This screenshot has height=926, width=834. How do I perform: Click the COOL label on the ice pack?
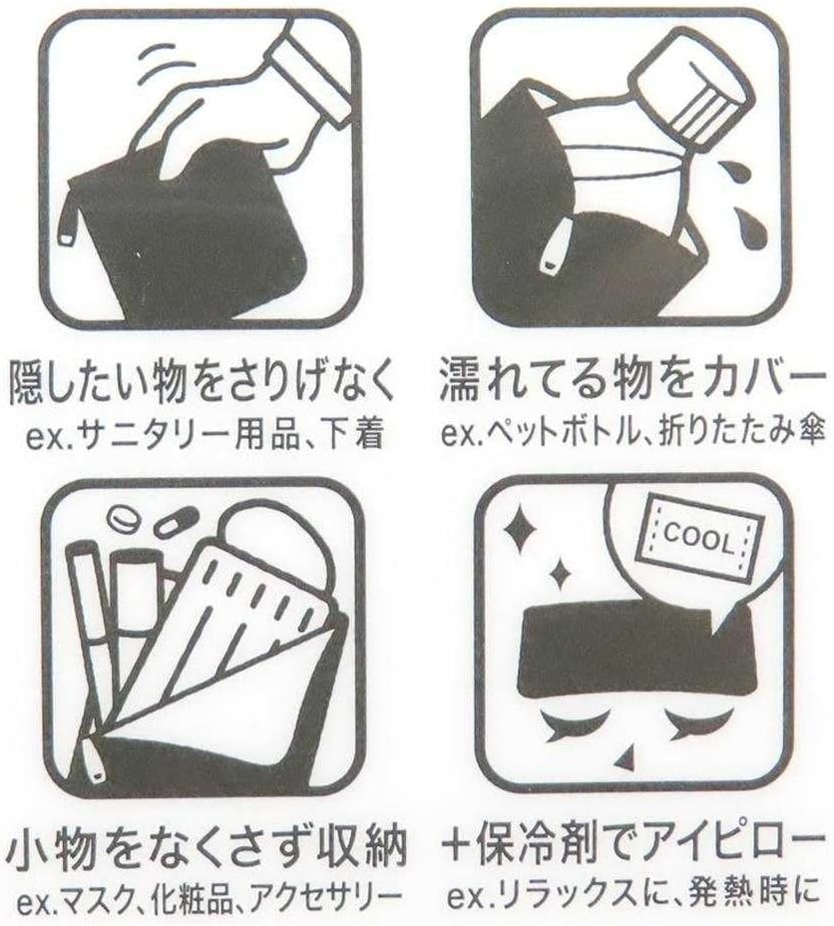(699, 539)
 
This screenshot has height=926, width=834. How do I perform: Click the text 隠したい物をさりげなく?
(202, 382)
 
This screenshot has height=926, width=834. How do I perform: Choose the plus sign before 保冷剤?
(461, 844)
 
